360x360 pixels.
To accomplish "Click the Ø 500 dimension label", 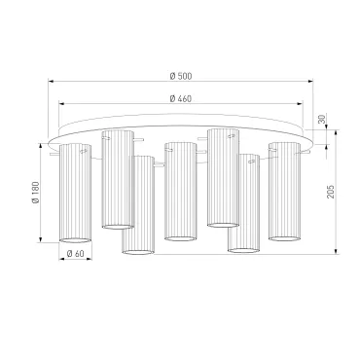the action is click(181, 76).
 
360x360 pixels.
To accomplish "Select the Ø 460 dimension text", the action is click(181, 98).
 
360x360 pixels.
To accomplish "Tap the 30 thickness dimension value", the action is click(321, 119).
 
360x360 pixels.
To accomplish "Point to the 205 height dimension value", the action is click(330, 192).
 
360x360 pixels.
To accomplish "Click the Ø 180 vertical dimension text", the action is click(36, 193).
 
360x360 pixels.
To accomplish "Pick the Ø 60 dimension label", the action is click(75, 254).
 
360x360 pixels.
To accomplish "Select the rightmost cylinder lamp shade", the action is click(284, 192).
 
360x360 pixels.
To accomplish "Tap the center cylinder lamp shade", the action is click(180, 192).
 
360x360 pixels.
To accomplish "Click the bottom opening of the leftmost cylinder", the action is click(75, 240).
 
